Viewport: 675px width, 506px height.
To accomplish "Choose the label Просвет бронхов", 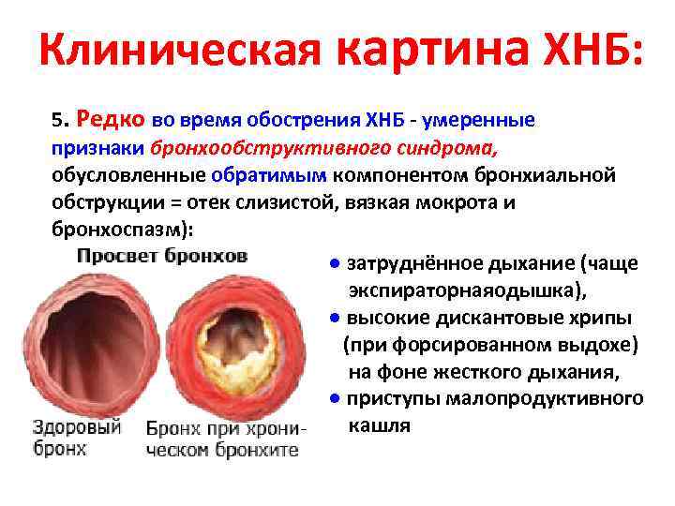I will pyautogui.click(x=162, y=255).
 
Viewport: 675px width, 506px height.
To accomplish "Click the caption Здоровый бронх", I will pyautogui.click(x=77, y=438).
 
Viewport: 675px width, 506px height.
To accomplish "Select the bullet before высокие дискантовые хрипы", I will pyautogui.click(x=335, y=318).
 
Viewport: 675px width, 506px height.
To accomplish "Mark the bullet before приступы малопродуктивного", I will pyautogui.click(x=335, y=398).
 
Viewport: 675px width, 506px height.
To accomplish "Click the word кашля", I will pyautogui.click(x=379, y=425).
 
